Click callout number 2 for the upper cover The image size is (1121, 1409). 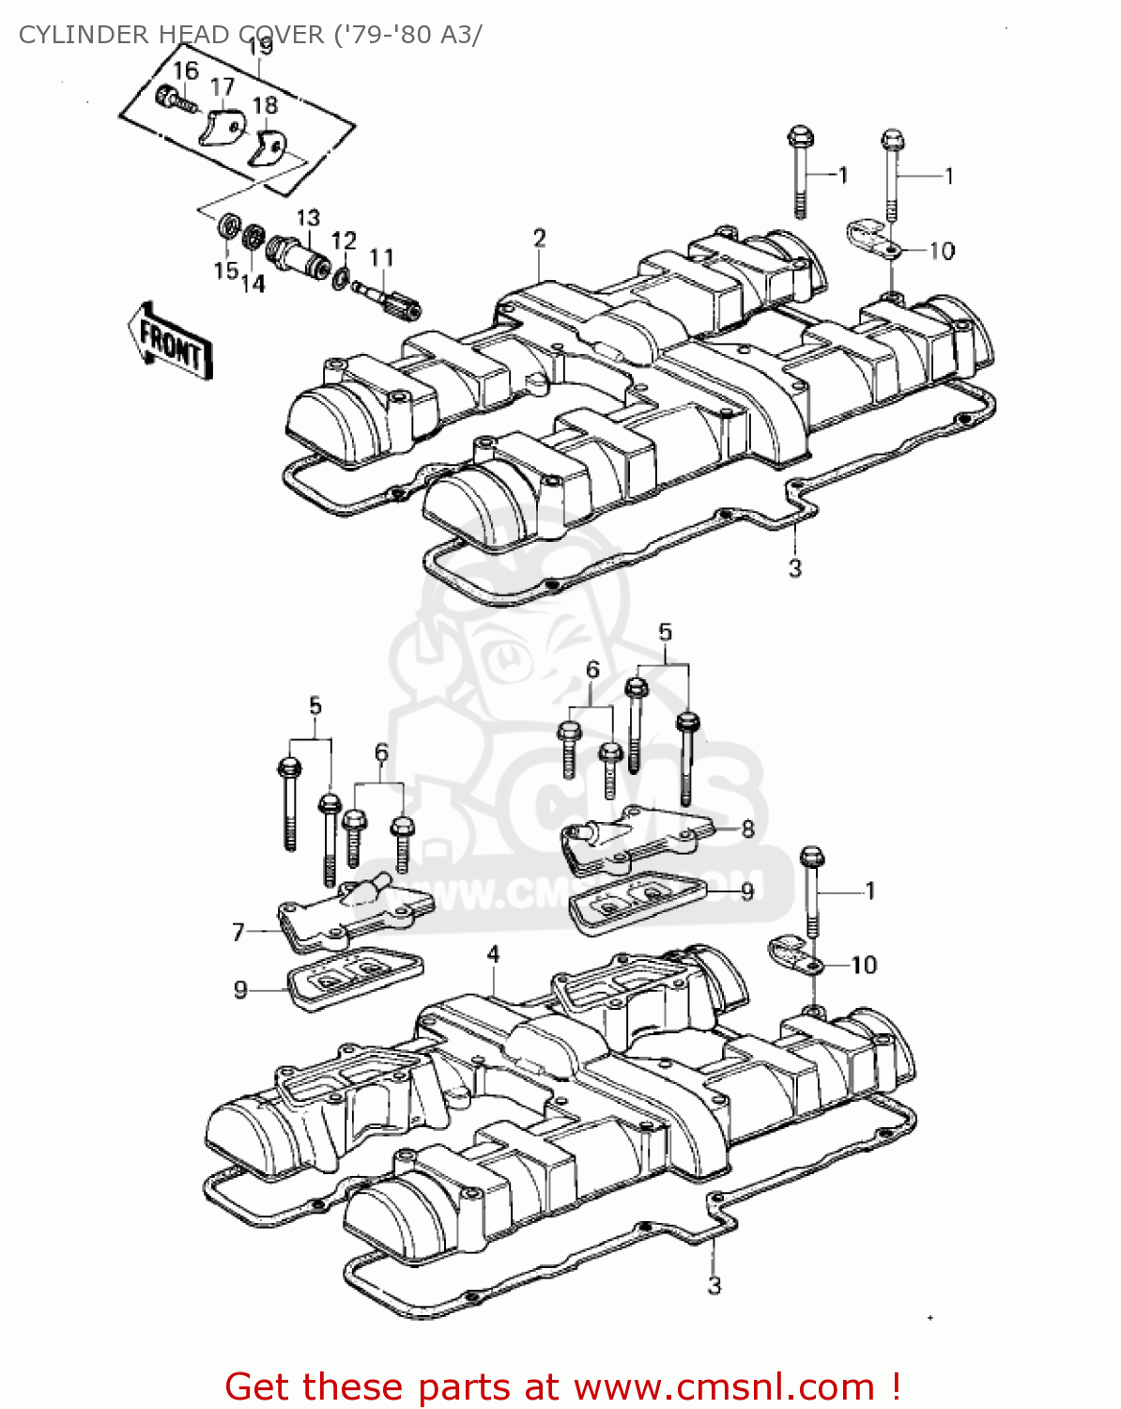coord(540,239)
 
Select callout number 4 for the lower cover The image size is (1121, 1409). coord(494,955)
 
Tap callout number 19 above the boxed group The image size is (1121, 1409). coord(260,45)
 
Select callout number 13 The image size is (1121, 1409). coord(309,218)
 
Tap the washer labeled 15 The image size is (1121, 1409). coord(226,227)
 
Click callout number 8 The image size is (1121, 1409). coord(747,828)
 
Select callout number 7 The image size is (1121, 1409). coord(238,932)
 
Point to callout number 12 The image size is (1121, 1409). coord(345,241)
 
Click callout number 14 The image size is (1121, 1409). coord(253,282)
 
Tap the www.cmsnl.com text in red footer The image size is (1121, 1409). coord(724,1386)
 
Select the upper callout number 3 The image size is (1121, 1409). coord(795,567)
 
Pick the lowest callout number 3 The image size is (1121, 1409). coord(714,1285)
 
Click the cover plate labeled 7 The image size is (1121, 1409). coord(352,914)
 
